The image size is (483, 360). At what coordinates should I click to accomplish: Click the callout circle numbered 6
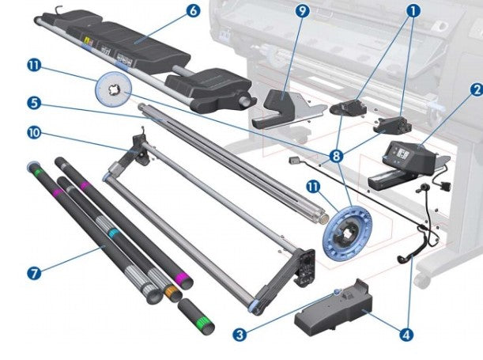click(x=192, y=11)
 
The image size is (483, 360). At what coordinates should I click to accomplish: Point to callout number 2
click(x=476, y=91)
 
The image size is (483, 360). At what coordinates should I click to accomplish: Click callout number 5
click(x=32, y=103)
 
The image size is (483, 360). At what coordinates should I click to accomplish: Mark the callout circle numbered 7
click(x=32, y=273)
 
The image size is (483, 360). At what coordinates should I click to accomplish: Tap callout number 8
click(x=337, y=157)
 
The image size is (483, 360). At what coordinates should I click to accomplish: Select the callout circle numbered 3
click(x=240, y=335)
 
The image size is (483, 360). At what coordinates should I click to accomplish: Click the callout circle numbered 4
click(x=406, y=335)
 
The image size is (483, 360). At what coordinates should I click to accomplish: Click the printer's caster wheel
click(x=425, y=279)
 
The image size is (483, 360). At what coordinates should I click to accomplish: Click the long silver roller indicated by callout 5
click(x=237, y=158)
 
